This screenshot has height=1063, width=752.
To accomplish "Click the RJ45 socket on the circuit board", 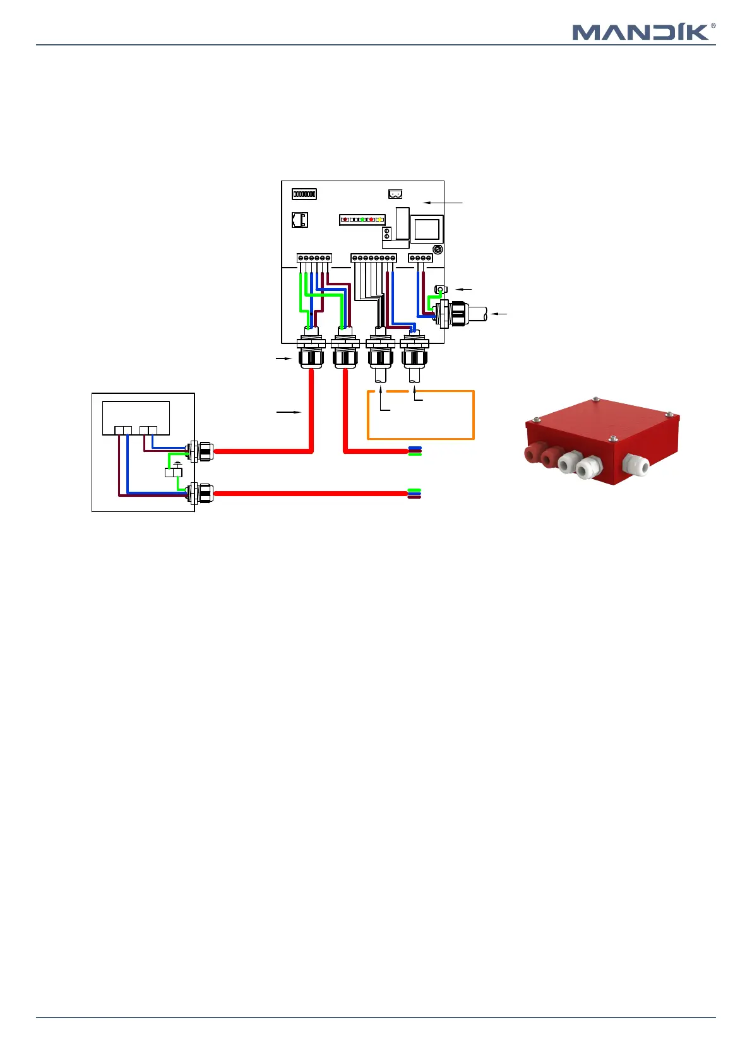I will click(300, 220).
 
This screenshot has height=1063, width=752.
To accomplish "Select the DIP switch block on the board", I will click(304, 194).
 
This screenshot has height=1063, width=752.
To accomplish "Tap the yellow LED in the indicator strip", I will click(381, 220).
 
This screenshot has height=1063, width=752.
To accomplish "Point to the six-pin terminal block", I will click(314, 258).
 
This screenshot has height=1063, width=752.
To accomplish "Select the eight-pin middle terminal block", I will click(374, 258).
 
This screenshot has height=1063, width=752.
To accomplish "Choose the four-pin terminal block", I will click(421, 258).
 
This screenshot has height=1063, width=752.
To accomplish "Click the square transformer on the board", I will click(427, 229).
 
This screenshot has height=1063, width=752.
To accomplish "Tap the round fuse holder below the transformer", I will click(438, 249).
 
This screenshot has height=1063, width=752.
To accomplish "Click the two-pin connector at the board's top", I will click(395, 194).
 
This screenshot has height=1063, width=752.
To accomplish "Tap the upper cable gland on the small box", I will click(202, 451).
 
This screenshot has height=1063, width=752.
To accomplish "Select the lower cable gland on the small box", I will click(202, 493).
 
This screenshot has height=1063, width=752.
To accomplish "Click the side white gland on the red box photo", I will click(636, 465).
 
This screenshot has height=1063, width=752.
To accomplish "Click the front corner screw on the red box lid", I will click(612, 439).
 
